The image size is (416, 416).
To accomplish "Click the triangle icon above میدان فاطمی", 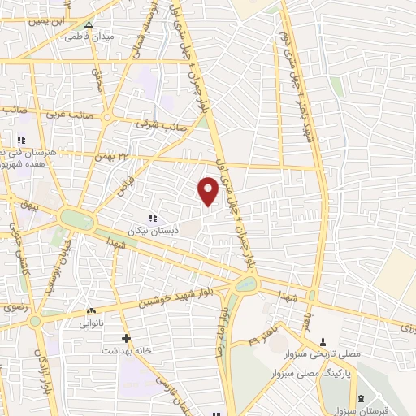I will pos(89,25).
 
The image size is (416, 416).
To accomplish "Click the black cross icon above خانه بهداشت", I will pos(125,338).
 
